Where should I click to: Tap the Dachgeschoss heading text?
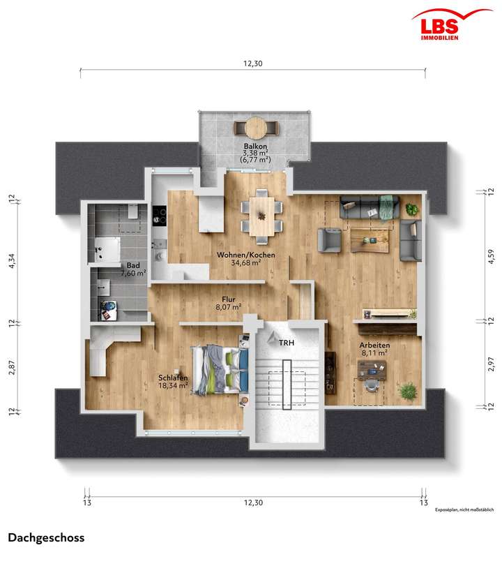(x=46, y=537)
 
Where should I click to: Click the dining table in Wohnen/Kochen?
(x=263, y=213)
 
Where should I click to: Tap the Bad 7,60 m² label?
(x=132, y=269)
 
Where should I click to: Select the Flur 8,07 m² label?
(x=227, y=303)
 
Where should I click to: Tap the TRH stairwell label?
(x=287, y=343)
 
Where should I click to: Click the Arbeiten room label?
(x=374, y=349)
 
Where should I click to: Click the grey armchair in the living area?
(x=330, y=239)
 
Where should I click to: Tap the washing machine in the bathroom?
(x=110, y=307)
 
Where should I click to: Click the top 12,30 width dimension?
(x=252, y=64)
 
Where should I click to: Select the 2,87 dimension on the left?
(x=11, y=367)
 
